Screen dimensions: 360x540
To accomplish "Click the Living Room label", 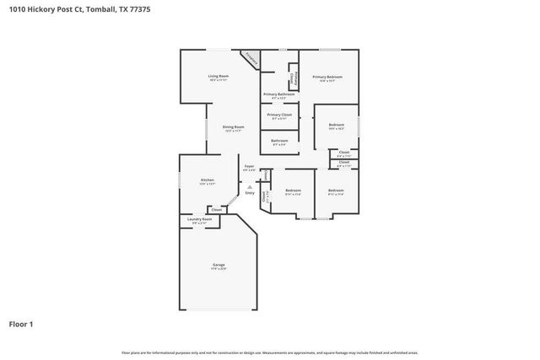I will coord(219,77).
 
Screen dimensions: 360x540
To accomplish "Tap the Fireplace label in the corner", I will coord(249,59).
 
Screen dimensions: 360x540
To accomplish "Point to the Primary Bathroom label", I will coord(278,94).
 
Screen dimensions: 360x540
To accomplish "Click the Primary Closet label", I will coord(279,115).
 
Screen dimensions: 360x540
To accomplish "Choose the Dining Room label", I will coord(233,127).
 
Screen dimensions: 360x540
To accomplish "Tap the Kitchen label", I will coord(207,180).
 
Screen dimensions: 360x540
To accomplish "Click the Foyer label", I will coord(249,167).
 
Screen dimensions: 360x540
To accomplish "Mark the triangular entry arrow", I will coord(249,187).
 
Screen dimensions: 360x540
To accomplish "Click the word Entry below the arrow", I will coord(249,194).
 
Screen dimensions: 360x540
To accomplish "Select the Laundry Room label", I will coord(200,219).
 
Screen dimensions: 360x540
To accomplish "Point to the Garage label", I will coord(219,266).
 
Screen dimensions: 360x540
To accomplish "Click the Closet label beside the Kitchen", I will coord(216,209).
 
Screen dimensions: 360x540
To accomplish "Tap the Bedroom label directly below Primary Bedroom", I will coord(336,125).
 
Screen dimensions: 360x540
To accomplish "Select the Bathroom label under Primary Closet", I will coord(279,141).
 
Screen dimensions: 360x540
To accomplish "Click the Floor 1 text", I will coord(21,323).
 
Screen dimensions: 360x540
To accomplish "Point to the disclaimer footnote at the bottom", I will coord(269,352).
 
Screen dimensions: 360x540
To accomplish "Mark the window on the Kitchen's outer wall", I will coord(179,180).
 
